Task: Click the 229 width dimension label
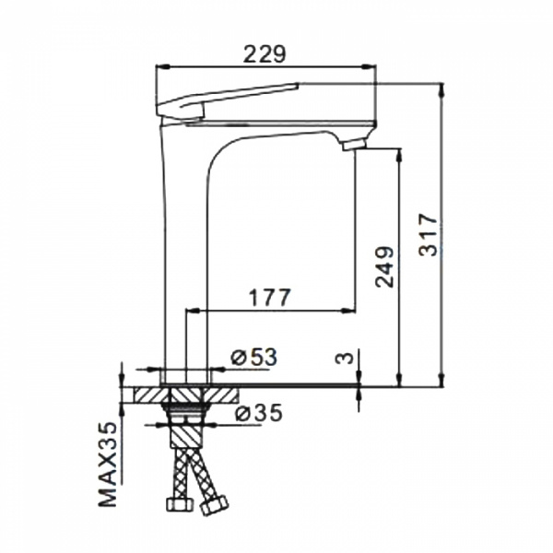[265, 54]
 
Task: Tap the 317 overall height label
[429, 234]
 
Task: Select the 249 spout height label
[384, 266]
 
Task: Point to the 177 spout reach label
[270, 298]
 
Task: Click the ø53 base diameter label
[254, 357]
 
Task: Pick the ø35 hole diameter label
[259, 412]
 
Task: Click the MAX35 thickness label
[107, 465]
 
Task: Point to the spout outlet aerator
[354, 145]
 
